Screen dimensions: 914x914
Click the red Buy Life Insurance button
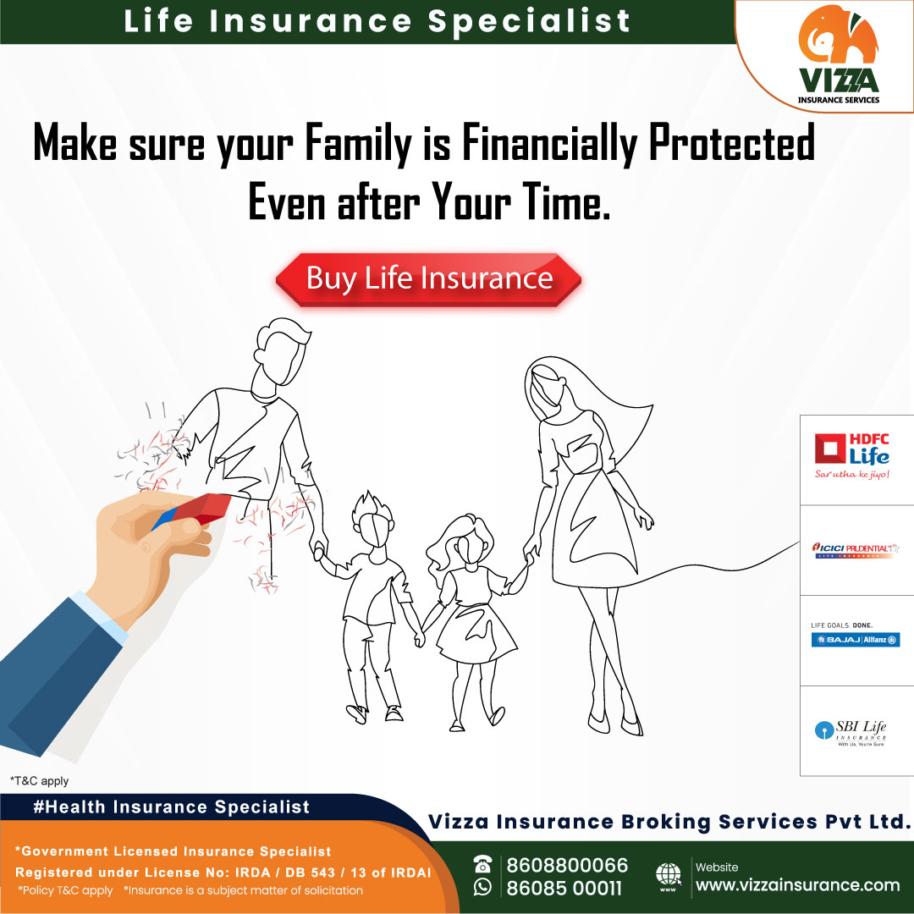tap(429, 278)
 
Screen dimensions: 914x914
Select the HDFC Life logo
tap(851, 456)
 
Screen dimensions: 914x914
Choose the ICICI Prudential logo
tap(855, 550)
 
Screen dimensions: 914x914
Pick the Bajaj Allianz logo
tap(855, 639)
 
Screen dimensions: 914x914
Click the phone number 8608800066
tap(567, 865)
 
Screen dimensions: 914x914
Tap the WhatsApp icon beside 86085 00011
tap(482, 887)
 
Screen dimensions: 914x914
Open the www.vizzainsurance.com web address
tap(796, 885)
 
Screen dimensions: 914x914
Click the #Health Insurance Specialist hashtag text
tap(172, 807)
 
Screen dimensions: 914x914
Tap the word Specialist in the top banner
tap(529, 20)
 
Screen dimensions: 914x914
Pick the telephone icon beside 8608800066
tap(482, 863)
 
